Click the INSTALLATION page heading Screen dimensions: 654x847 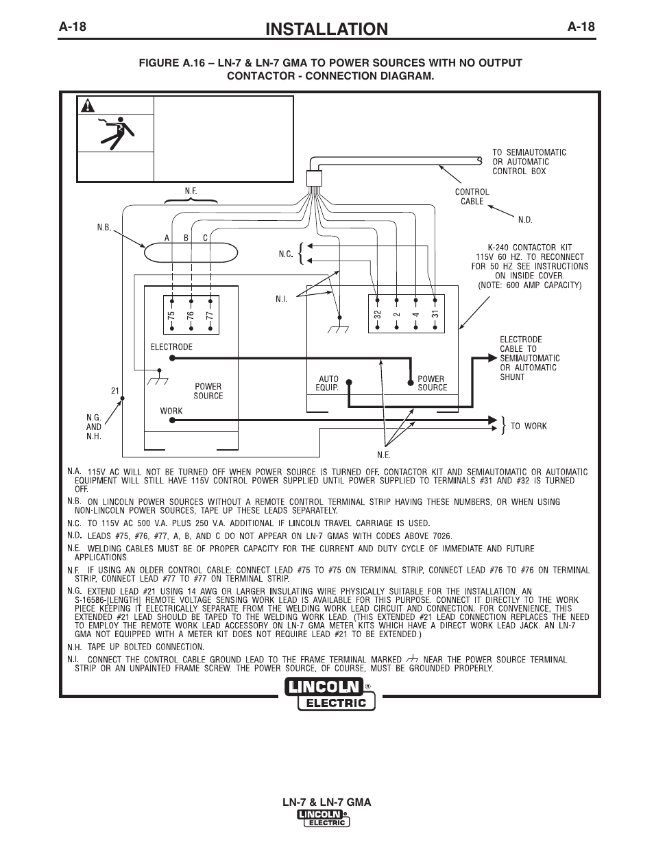[326, 29]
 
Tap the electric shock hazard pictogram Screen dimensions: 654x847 [116, 133]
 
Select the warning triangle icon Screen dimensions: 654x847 [88, 105]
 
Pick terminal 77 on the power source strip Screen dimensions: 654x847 [210, 315]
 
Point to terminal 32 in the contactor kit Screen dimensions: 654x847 [377, 315]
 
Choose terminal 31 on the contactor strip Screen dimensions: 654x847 [435, 314]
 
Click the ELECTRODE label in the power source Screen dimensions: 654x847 [171, 347]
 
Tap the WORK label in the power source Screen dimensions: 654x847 [171, 411]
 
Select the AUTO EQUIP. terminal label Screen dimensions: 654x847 [328, 383]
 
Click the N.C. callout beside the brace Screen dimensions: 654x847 [285, 254]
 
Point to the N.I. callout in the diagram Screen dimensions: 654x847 [281, 299]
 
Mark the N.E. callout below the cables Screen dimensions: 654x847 [384, 455]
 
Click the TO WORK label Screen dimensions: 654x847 [529, 426]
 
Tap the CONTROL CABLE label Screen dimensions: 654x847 [472, 196]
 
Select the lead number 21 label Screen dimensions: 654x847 [115, 390]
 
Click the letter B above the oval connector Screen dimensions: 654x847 [186, 238]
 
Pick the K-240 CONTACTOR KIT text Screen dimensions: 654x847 [530, 248]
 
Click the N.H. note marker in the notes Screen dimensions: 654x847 [74, 647]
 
